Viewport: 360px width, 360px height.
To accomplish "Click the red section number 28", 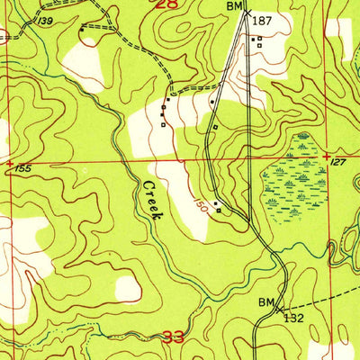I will coord(166,6).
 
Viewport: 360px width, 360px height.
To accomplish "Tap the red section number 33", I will coord(175,339).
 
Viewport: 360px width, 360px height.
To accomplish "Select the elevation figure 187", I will coord(262,20).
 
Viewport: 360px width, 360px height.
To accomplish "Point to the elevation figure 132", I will coord(293,317).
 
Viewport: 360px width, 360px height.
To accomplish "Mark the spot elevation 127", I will coord(337,163).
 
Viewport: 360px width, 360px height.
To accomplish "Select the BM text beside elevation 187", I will coord(234,6).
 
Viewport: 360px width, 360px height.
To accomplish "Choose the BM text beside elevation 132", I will coord(267,301).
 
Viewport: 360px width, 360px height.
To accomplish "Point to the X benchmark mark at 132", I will coord(279,308).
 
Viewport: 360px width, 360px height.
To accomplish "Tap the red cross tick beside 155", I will coord(9,163).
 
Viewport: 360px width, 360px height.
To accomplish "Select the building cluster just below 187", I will coord(258,40).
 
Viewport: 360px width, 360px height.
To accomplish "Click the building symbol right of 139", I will coord(82,29).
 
